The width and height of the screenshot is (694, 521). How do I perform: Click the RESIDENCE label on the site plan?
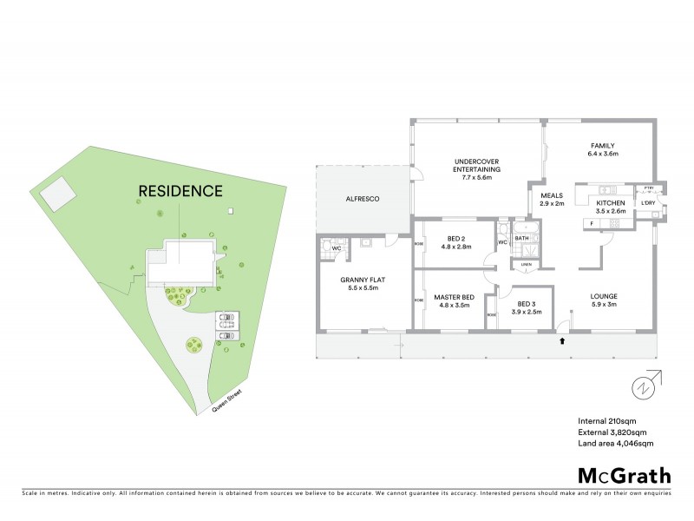(180, 190)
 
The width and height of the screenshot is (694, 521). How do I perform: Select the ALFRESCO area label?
(363, 199)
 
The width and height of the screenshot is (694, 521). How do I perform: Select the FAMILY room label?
(603, 145)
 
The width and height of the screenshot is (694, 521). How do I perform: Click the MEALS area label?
(553, 195)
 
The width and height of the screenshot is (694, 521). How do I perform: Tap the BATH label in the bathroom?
(521, 237)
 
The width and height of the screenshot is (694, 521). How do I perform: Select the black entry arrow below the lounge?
(562, 341)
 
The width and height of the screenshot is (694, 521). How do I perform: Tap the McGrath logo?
(624, 474)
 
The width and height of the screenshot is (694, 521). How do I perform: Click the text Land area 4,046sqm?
(615, 443)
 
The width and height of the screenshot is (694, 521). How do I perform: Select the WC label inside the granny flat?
(337, 248)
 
